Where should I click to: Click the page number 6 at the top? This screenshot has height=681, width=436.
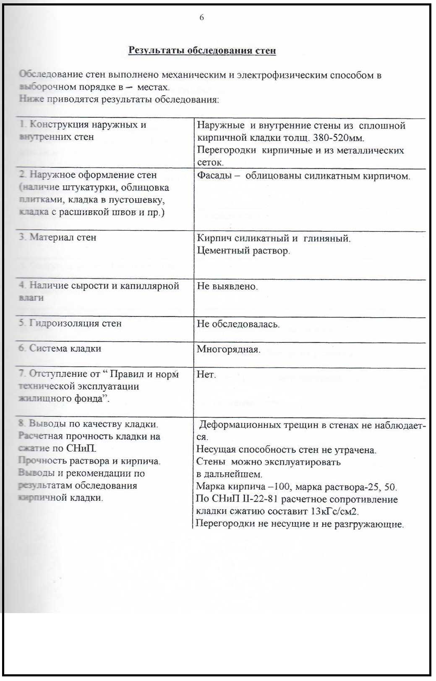pos(202,18)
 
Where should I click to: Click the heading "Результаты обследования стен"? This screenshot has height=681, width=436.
pos(202,51)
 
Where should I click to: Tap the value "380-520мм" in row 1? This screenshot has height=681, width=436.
pos(338,138)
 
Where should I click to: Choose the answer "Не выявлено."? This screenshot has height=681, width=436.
pos(227,286)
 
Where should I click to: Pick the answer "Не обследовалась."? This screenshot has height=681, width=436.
pos(238,324)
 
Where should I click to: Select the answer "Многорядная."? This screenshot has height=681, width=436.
pos(228,350)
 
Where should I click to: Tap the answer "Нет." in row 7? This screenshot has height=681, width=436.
pos(206,375)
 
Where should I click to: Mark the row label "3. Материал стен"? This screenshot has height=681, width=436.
pos(57,237)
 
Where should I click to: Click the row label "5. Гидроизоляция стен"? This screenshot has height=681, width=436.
pos(70,324)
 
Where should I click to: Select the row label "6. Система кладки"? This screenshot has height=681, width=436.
pos(60,349)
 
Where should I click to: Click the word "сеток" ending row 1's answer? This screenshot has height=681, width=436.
pos(210,163)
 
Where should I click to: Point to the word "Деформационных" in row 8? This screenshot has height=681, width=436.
pos(239,425)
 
